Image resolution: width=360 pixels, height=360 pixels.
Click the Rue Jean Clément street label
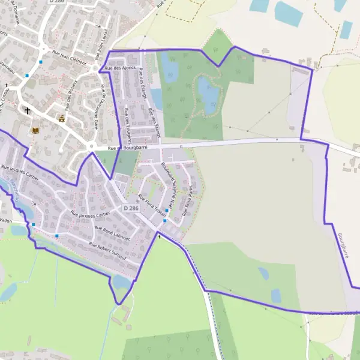70,61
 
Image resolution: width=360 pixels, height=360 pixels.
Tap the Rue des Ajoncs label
120,68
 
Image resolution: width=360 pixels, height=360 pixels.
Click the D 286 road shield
131,208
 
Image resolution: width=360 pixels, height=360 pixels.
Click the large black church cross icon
27,110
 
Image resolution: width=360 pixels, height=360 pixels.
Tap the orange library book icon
35,130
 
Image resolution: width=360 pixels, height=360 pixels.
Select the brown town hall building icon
61,119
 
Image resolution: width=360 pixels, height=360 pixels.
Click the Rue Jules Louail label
101,45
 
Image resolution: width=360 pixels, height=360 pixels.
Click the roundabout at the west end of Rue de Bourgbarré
92,146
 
